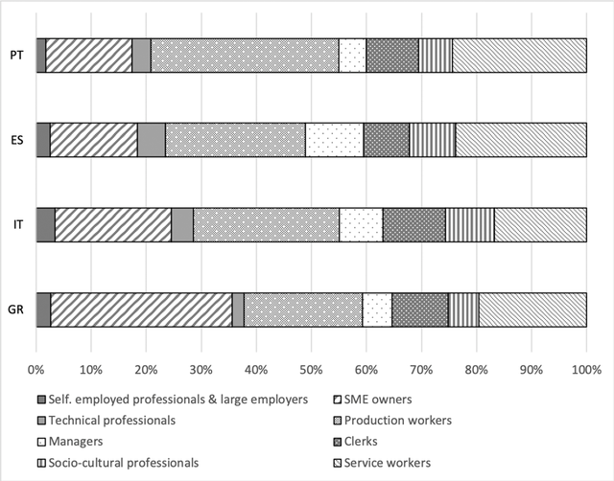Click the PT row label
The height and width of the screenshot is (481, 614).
pos(17,56)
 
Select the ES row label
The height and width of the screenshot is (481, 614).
pos(17,140)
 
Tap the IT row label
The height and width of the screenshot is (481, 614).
pos(17,224)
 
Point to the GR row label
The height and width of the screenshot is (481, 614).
pos(17,309)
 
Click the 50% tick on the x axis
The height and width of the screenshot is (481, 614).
pos(311,367)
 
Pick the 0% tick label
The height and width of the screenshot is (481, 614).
pos(36,367)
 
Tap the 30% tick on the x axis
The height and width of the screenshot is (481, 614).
pos(201,367)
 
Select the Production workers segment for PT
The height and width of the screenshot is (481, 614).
pos(245,56)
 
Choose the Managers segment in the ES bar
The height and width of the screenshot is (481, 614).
pos(334,140)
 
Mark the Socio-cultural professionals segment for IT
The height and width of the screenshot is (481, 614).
pos(469,224)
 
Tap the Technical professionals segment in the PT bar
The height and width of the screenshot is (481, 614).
pos(141,56)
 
